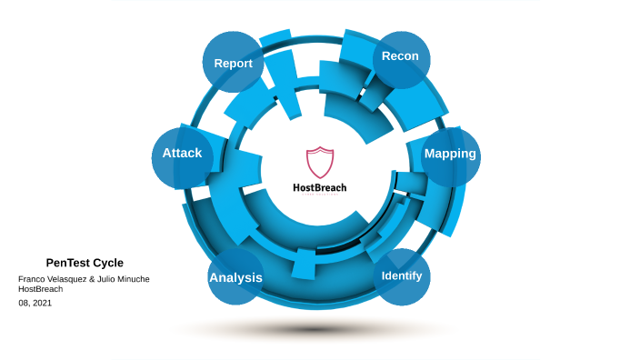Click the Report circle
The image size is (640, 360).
pos(233,63)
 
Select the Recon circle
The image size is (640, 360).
pos(401,57)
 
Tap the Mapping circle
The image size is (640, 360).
pos(451,155)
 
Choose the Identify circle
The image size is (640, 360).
pos(402,275)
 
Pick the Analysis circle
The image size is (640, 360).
pos(235,277)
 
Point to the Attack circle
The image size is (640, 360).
pos(182,154)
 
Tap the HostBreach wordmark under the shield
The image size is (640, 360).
pos(319,187)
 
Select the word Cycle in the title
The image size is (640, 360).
pos(108,263)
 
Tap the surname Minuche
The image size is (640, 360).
pos(131,278)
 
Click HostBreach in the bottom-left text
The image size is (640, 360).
pos(41,289)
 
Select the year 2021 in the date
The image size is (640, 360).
pos(42,303)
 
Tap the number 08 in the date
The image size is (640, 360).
pos(24,303)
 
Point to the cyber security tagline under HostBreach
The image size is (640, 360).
pos(319,195)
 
